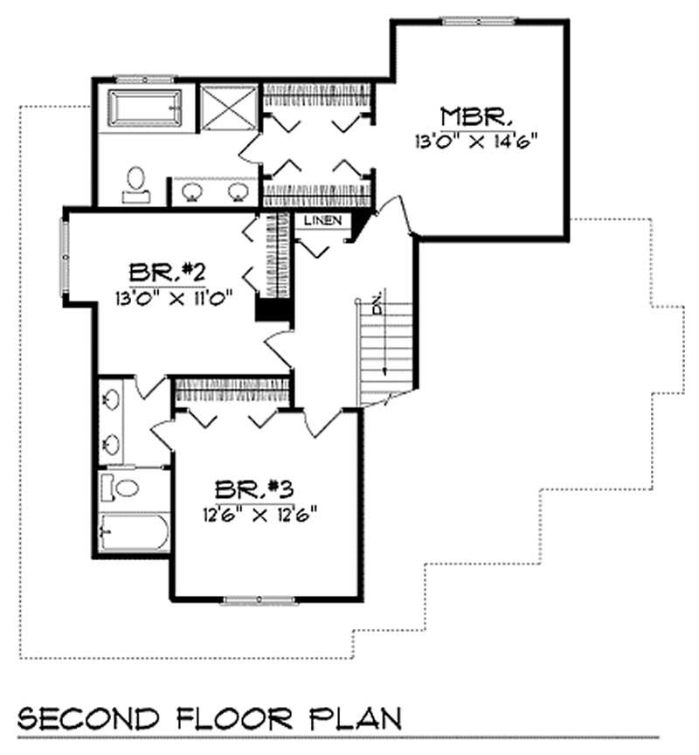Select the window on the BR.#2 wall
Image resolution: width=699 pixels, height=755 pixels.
pos(64,253)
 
